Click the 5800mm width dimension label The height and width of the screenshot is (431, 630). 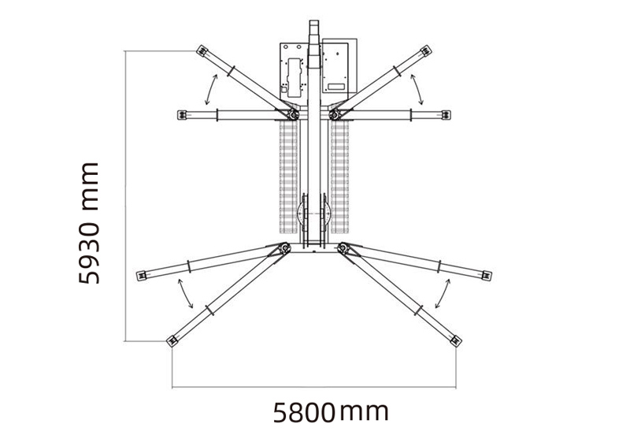tap(332, 411)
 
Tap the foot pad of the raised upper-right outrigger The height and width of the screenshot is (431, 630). tap(426, 52)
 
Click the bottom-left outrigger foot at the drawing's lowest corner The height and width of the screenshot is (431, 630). tap(171, 341)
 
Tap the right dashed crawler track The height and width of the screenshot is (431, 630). tap(340, 177)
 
